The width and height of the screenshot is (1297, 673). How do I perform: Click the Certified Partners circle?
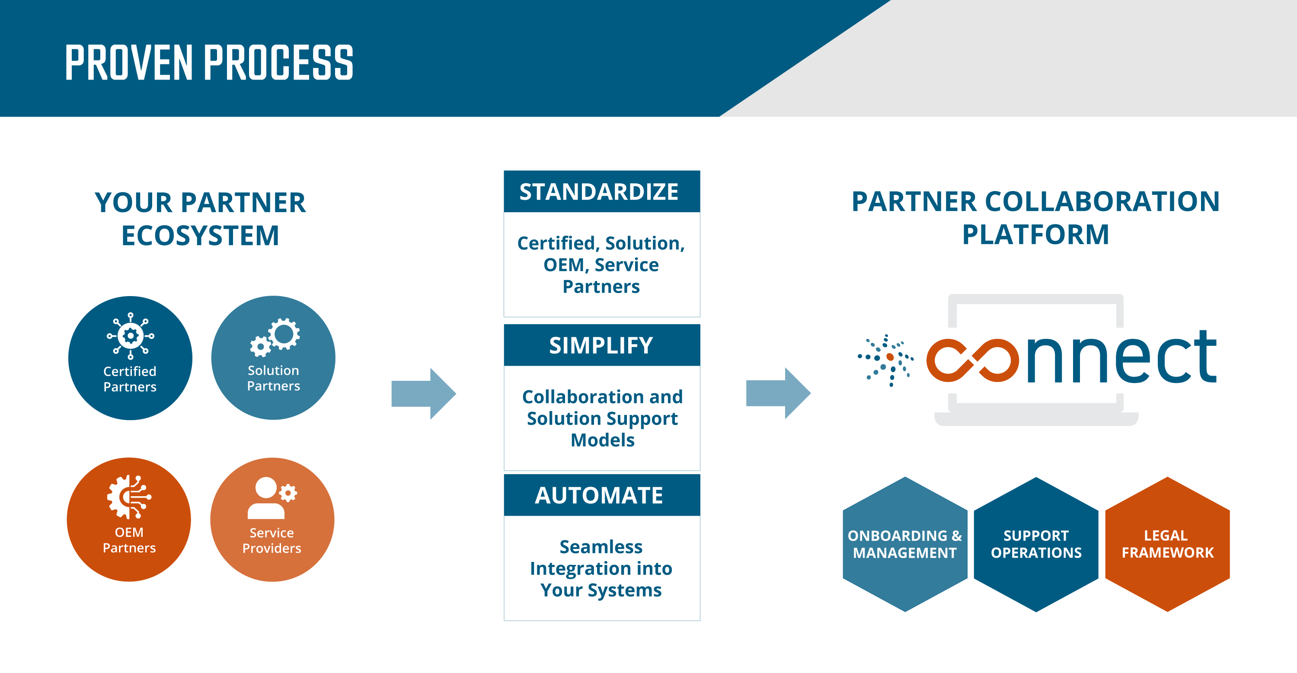130,358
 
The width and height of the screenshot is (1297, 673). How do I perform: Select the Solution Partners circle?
273,358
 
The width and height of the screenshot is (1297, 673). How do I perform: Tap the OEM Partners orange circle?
129,520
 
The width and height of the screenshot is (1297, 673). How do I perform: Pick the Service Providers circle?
272,520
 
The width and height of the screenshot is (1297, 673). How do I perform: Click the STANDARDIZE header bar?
602,192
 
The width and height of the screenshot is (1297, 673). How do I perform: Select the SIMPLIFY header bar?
602,345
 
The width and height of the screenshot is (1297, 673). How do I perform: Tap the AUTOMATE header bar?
602,495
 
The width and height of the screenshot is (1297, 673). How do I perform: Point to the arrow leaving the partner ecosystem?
423,394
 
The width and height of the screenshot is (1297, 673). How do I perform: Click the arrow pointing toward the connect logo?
778,394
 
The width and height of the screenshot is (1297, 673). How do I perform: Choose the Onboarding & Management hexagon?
905,544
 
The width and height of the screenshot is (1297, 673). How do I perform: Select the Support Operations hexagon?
1036,544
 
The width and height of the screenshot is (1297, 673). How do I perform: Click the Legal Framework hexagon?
1167,544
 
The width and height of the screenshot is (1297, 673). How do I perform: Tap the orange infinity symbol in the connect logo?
972,360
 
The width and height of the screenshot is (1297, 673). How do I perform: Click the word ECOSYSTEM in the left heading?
201,236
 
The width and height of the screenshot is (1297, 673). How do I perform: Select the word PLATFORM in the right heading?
1036,235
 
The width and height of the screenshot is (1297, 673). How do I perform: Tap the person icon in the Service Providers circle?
265,498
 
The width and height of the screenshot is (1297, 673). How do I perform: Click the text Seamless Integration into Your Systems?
601,568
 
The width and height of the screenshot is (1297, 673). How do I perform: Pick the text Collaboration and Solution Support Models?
602,418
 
